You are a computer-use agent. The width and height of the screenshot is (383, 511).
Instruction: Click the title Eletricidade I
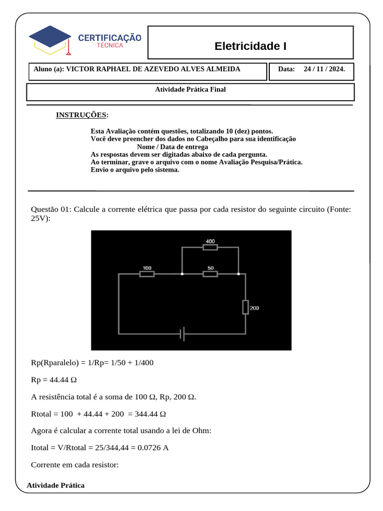250,46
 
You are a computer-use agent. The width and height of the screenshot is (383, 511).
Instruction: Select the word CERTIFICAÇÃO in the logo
110,37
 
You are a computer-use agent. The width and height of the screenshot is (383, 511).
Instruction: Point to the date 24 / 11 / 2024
324,69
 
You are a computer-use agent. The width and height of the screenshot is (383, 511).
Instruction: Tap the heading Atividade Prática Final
191,89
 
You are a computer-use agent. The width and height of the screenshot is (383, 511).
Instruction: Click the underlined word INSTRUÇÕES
81,115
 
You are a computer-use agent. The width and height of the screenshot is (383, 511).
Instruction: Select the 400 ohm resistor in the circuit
210,247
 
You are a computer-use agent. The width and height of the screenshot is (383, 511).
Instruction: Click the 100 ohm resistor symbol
147,274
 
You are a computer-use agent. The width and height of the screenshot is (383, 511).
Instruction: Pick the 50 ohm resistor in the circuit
210,274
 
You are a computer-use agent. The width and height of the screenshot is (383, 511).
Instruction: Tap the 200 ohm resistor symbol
245,307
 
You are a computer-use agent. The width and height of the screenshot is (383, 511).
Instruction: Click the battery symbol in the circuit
183,334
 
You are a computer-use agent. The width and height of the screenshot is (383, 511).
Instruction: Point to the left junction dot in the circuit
182,274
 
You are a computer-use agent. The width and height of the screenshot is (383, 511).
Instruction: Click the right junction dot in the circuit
238,274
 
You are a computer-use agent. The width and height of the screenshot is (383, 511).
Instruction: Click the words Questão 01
50,209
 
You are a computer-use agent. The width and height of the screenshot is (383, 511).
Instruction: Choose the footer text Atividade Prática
55,485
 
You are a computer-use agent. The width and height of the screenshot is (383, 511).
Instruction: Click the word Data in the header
287,69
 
